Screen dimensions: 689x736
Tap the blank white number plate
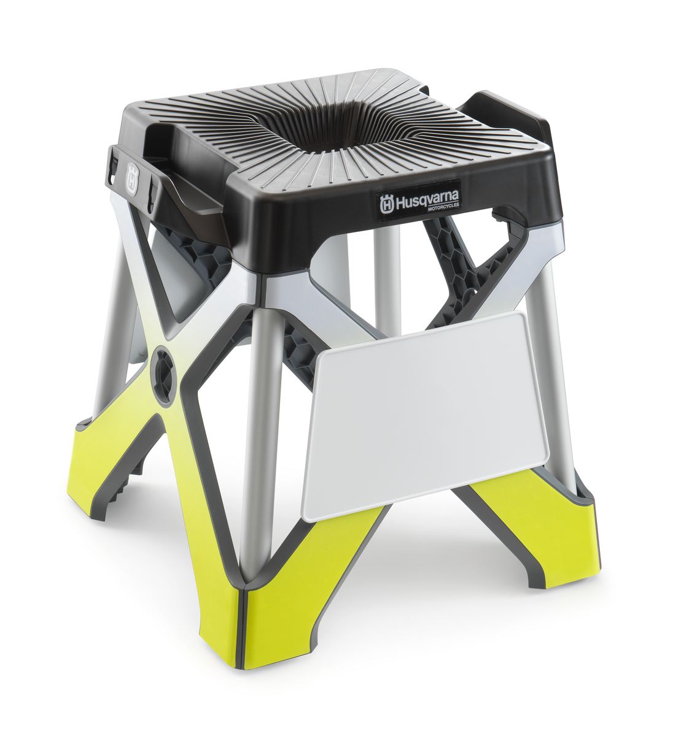(x=424, y=415)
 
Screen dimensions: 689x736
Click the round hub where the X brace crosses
(x=164, y=375)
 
